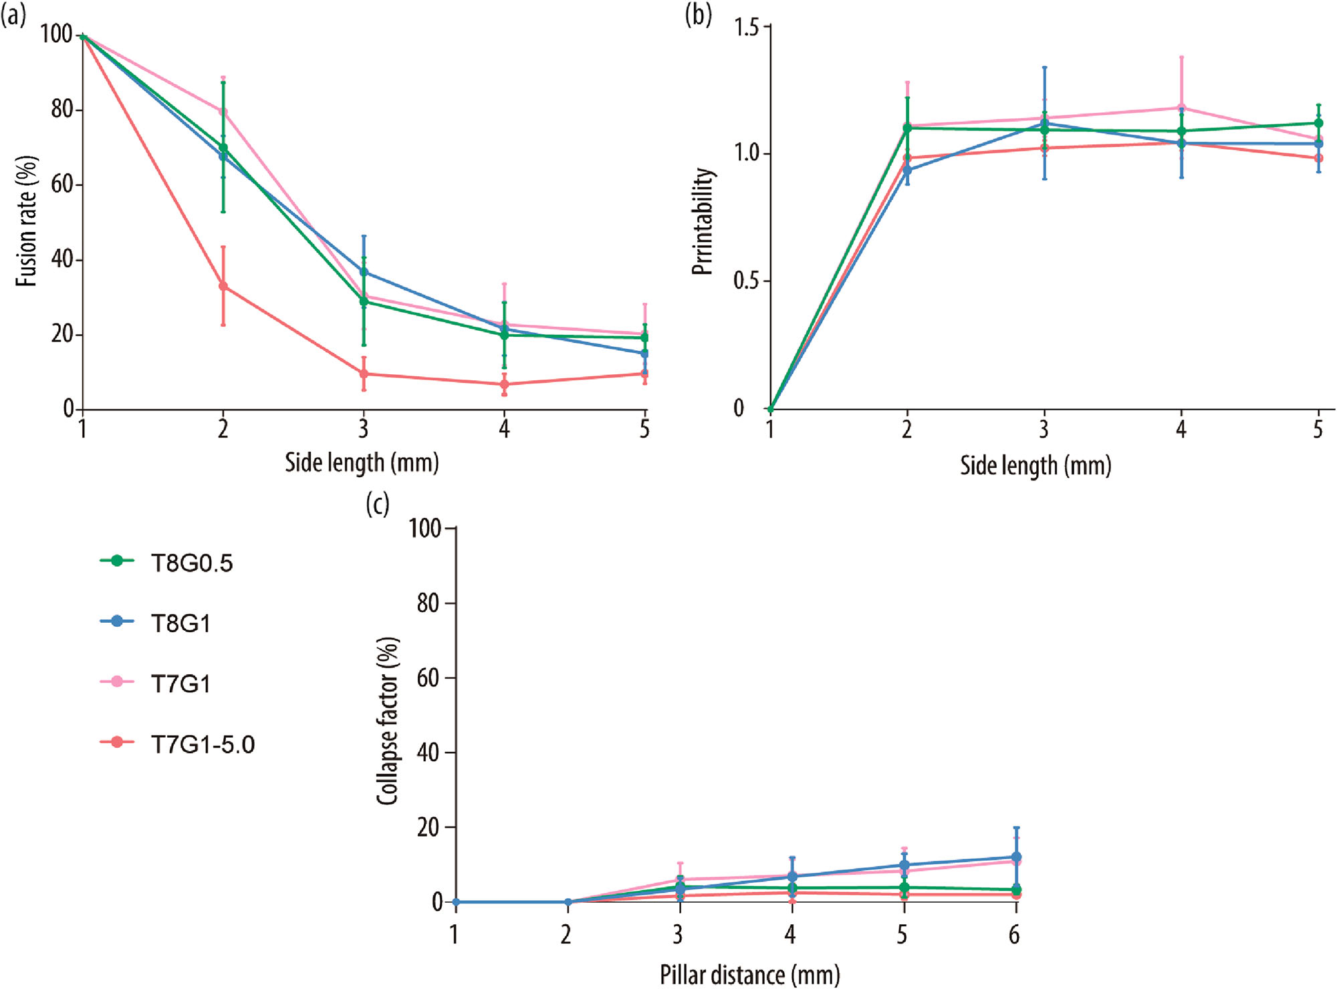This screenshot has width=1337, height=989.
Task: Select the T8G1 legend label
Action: click(180, 623)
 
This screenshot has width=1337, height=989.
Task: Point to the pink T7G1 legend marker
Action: click(117, 682)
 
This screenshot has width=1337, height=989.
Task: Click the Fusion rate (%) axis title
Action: click(26, 221)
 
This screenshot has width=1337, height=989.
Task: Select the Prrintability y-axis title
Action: click(703, 221)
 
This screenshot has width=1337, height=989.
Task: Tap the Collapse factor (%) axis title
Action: click(388, 720)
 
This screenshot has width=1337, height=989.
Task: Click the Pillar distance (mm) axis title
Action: click(749, 975)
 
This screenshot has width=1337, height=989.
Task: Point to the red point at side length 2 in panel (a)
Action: click(223, 286)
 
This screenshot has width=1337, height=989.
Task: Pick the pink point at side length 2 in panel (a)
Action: click(223, 112)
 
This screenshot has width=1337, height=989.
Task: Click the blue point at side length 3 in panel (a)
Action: click(364, 272)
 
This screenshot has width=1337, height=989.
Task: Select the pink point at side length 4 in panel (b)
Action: click(1181, 108)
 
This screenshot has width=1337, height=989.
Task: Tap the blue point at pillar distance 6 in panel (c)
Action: click(1016, 857)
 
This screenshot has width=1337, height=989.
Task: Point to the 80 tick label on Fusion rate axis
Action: click(62, 109)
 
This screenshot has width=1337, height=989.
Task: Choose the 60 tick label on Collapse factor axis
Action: click(429, 678)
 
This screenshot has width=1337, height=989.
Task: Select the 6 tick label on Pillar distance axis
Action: click(1014, 935)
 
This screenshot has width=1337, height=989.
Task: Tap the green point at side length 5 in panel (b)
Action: click(1318, 123)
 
